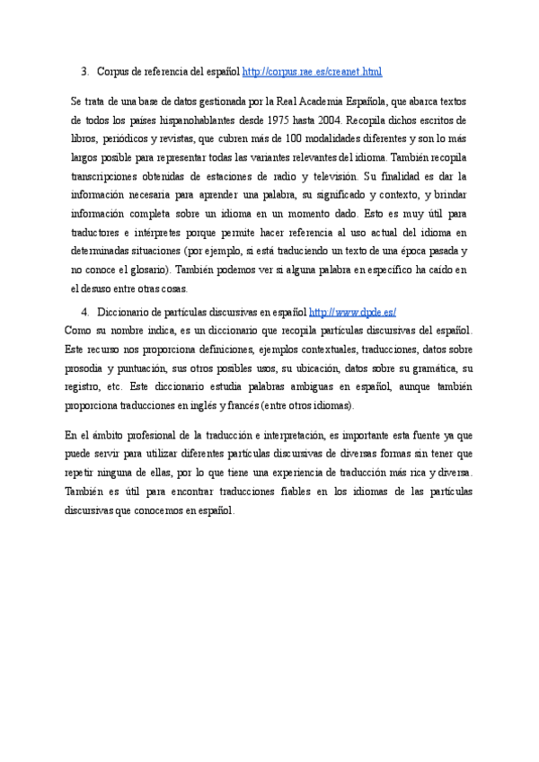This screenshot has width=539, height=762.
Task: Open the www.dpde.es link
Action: pyautogui.click(x=352, y=313)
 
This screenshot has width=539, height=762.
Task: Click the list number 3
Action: pyautogui.click(x=84, y=71)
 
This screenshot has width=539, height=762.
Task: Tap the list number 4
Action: pyautogui.click(x=84, y=313)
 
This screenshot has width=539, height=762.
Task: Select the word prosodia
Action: pyautogui.click(x=84, y=369)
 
